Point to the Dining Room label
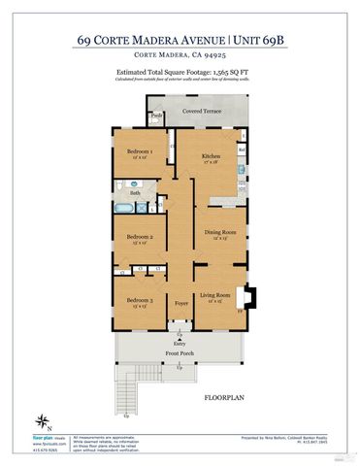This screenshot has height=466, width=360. coord(219,232)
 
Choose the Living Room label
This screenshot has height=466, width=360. coord(214,294)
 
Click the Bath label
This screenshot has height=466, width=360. coord(136,193)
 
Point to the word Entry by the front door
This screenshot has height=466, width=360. coord(180,344)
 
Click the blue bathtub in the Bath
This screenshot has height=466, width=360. coord(126,207)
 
